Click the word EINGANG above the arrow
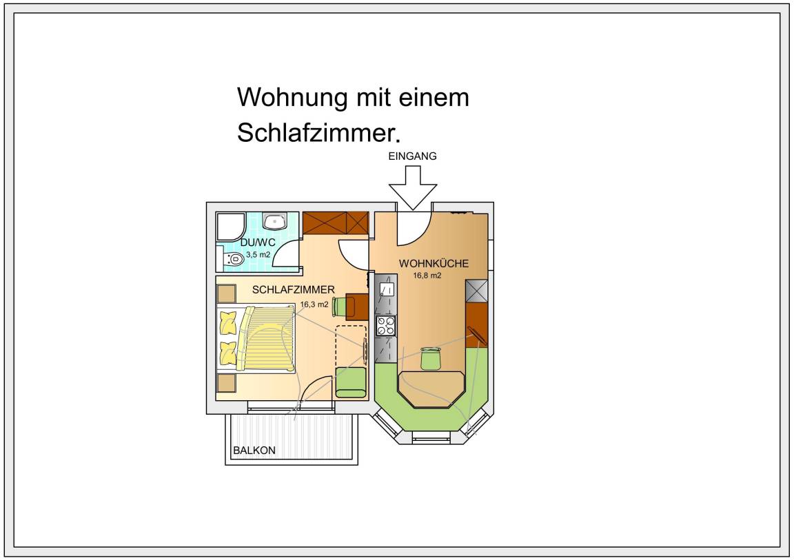[412, 156]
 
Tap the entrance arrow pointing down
[412, 192]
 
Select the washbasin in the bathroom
[276, 221]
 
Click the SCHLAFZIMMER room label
[294, 289]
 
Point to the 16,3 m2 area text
[314, 303]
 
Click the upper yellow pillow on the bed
[228, 320]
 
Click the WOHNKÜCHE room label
[434, 263]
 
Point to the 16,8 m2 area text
[427, 276]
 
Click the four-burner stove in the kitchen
[385, 326]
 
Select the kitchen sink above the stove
[386, 289]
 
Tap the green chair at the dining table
[431, 358]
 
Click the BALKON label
[254, 450]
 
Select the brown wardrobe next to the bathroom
[336, 222]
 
